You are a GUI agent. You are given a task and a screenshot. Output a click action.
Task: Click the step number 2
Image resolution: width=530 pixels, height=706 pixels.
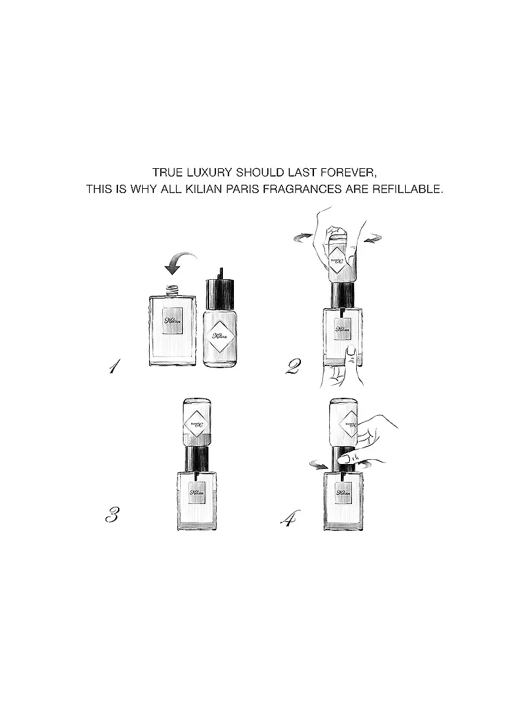293,366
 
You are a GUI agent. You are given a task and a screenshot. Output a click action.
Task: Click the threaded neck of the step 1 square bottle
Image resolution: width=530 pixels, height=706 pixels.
172,290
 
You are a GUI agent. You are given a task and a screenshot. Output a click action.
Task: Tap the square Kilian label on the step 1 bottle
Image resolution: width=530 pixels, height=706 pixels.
173,321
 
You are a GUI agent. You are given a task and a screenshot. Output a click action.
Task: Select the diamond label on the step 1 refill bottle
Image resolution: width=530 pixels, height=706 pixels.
220,336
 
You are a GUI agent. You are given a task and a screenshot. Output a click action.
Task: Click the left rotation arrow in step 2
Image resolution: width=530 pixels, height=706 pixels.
302,236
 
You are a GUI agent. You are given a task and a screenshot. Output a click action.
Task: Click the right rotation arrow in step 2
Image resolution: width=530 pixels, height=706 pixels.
373,239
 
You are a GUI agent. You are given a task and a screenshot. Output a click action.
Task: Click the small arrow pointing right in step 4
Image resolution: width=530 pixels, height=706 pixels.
318,466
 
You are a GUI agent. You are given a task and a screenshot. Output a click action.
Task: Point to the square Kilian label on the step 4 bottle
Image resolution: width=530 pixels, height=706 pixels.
343,492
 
